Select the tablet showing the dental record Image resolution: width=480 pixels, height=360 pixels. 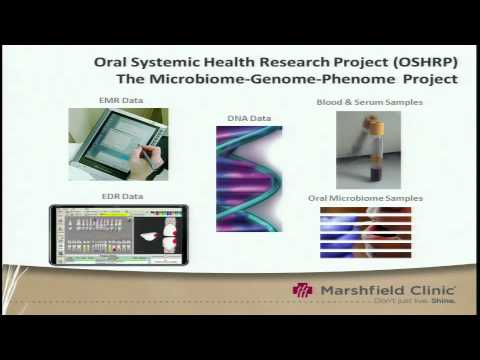click(x=118, y=235)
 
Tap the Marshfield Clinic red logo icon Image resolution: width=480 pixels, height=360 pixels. click(x=302, y=290)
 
